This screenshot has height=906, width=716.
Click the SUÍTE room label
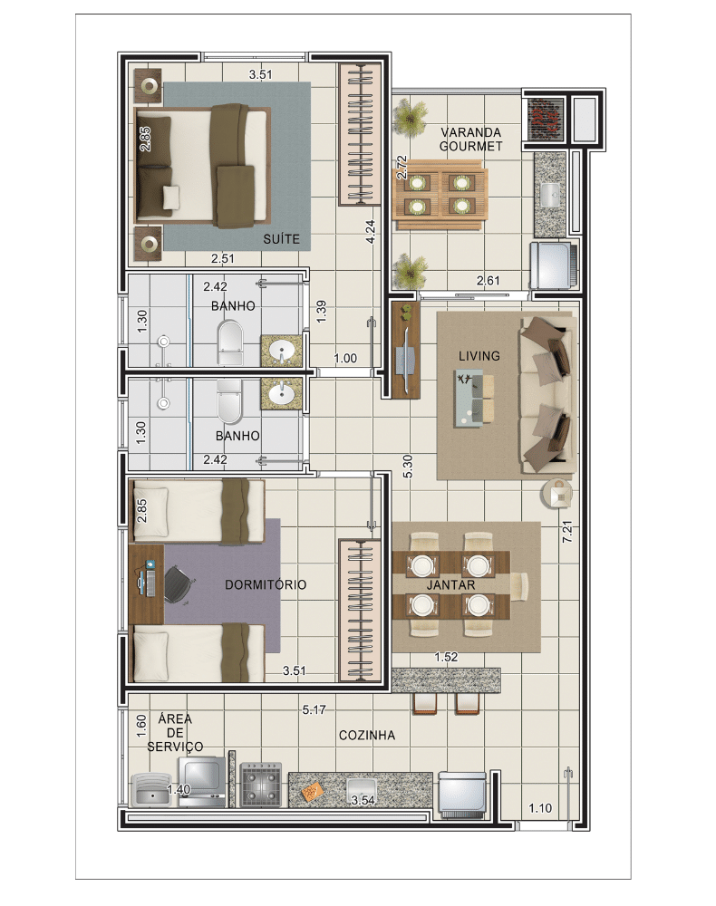[282, 238]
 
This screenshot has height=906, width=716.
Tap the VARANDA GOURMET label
[471, 140]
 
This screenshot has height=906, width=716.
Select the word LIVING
[479, 356]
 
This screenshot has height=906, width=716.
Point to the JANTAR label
[450, 584]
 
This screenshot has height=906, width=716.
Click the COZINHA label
[367, 736]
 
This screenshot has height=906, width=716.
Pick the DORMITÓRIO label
[266, 584]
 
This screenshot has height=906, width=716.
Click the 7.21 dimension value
[567, 532]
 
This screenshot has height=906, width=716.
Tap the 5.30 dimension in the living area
[408, 467]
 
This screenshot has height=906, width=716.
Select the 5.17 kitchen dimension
[314, 709]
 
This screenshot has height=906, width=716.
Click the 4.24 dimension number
[371, 232]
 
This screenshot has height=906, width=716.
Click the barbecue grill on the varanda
[545, 119]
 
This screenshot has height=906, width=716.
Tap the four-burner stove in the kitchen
[261, 784]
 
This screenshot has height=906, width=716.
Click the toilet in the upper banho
[230, 343]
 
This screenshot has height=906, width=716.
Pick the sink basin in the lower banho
[282, 394]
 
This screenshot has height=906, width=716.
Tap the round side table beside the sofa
[557, 494]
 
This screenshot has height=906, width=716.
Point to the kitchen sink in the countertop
[362, 789]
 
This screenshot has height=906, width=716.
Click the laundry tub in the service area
[152, 789]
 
